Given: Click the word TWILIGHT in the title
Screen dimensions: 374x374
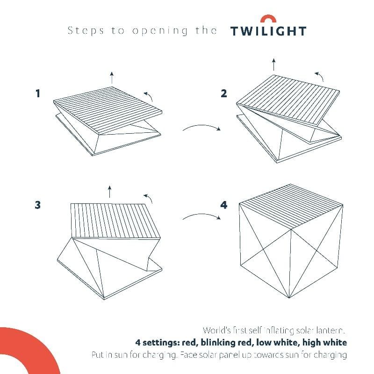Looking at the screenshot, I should [x=268, y=31].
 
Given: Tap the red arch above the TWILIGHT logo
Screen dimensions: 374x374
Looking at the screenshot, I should [x=268, y=19].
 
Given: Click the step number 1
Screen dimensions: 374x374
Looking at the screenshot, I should [x=38, y=93].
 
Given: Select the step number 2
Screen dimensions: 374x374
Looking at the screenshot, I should [x=224, y=93].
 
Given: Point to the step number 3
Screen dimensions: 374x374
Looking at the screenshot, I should [x=38, y=205].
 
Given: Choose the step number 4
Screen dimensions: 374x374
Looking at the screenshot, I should [x=224, y=205].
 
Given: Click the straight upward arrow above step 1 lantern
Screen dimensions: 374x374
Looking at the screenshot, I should [x=111, y=78].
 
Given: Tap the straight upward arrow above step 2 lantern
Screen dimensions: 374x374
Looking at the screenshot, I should [x=274, y=64].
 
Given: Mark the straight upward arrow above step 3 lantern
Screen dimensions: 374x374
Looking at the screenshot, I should [x=109, y=191].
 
